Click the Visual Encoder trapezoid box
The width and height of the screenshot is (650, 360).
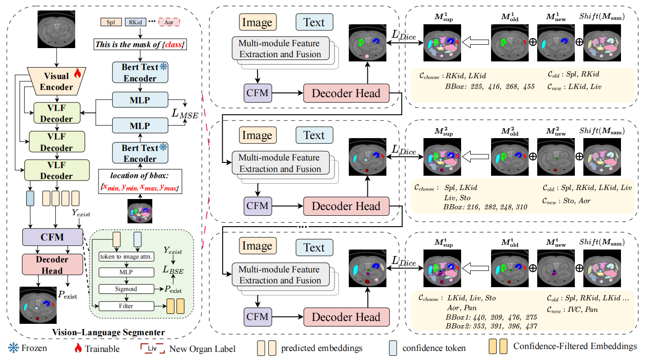click(56, 81)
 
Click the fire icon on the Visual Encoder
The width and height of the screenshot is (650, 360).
click(78, 74)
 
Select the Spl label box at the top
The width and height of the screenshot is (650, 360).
click(110, 22)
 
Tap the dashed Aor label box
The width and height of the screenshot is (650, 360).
click(169, 22)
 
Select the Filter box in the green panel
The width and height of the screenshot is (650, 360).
click(126, 306)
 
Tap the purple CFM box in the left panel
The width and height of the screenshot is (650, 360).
click(52, 237)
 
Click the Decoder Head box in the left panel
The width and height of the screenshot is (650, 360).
click(52, 265)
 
